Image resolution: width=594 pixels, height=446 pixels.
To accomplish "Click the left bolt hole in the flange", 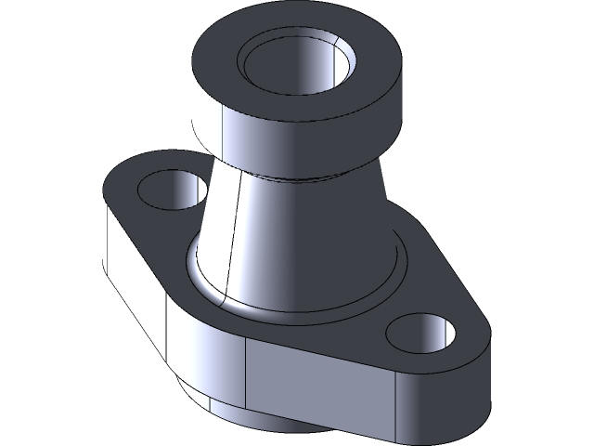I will (x=172, y=190).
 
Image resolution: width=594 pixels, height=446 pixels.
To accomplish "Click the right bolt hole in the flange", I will (x=421, y=333).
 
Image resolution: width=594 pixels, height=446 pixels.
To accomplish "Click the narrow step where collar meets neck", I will (x=306, y=176).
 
